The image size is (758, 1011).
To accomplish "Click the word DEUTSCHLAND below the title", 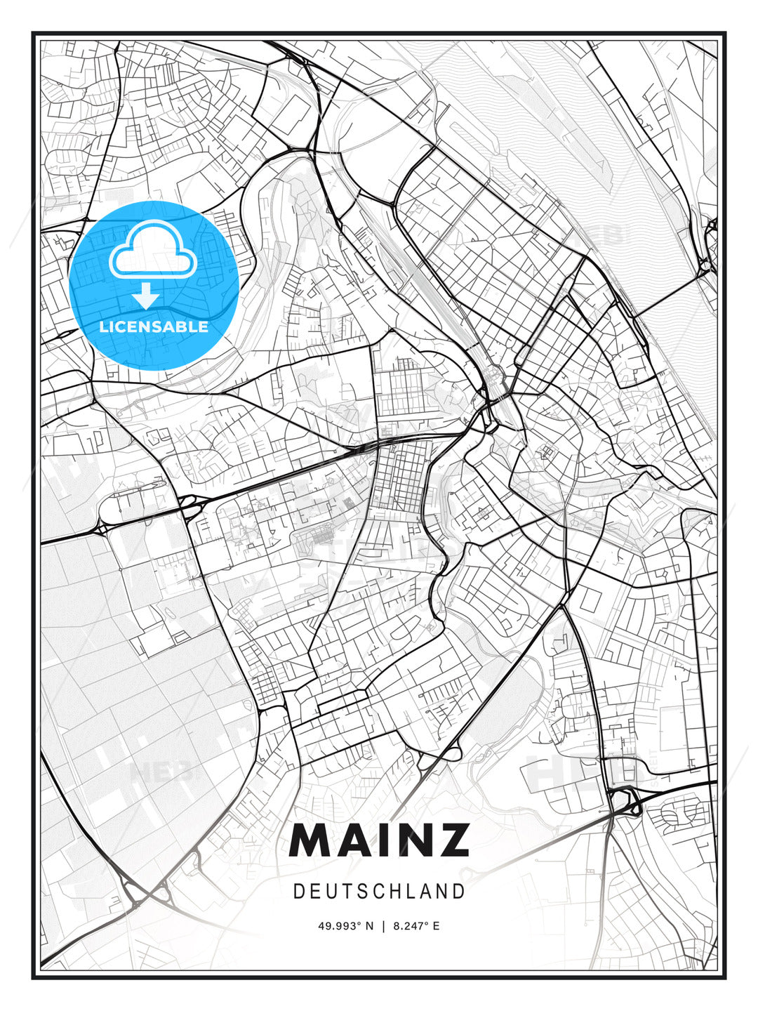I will point(379,892).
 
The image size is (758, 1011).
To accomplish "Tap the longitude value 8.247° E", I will point(417,926).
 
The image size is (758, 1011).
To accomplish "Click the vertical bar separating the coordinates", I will point(383,926).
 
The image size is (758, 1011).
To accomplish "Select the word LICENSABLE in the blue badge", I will point(154,326).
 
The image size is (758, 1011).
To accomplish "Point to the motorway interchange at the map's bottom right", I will point(624,800).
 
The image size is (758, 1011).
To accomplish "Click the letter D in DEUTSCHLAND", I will point(298,892).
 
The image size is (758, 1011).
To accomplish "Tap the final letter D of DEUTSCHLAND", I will point(460,892).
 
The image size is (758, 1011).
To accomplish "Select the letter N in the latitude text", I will point(369,926).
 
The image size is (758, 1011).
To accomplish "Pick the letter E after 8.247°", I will point(436,926).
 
